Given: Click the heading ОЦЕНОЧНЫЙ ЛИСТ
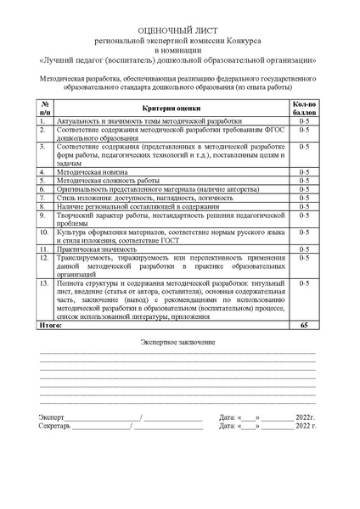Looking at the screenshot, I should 179,28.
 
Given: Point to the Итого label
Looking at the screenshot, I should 52,326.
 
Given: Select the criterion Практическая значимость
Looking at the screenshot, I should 97,249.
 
